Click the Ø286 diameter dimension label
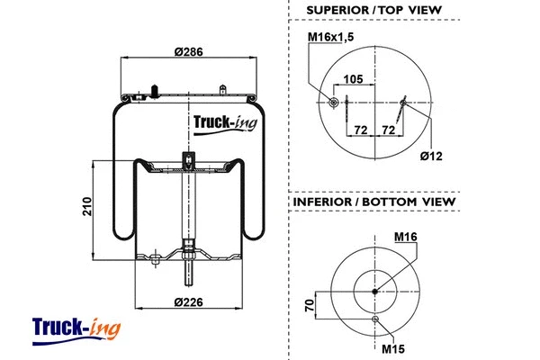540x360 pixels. [186, 52]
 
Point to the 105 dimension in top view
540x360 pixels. [354, 80]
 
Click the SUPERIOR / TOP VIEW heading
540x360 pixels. [373, 11]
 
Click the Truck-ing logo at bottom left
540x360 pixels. [76, 328]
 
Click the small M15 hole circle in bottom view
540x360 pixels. [375, 319]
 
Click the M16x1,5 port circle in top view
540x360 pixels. [335, 103]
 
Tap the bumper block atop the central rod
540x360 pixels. [188, 161]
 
